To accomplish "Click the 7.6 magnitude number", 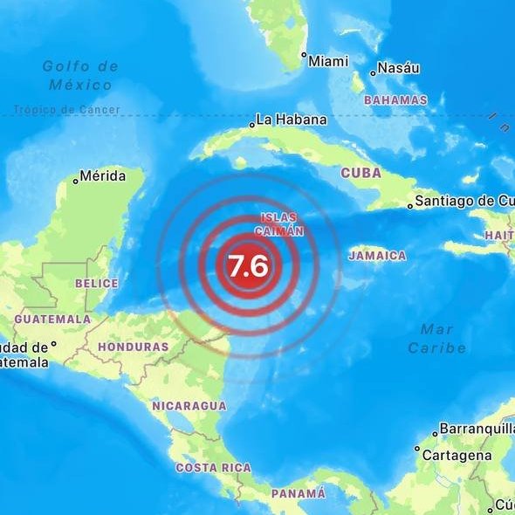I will (x=248, y=264).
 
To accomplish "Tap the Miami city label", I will (x=328, y=60).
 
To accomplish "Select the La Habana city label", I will (x=292, y=120).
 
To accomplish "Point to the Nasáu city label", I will (x=400, y=68).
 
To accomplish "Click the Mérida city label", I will (x=102, y=175).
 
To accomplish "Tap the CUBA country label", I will (x=360, y=173).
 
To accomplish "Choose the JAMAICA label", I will (x=377, y=256).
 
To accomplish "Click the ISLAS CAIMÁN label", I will (x=278, y=223).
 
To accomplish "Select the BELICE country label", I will (x=97, y=283).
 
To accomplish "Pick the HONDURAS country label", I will (x=133, y=347).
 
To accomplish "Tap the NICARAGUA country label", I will (x=189, y=406).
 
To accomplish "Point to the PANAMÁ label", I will (x=298, y=493).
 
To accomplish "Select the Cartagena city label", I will (x=457, y=455).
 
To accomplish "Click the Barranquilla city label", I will (x=477, y=429).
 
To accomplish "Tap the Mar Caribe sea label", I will (x=436, y=338).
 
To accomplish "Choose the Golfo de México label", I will (x=80, y=75).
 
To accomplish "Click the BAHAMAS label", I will (x=395, y=100).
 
